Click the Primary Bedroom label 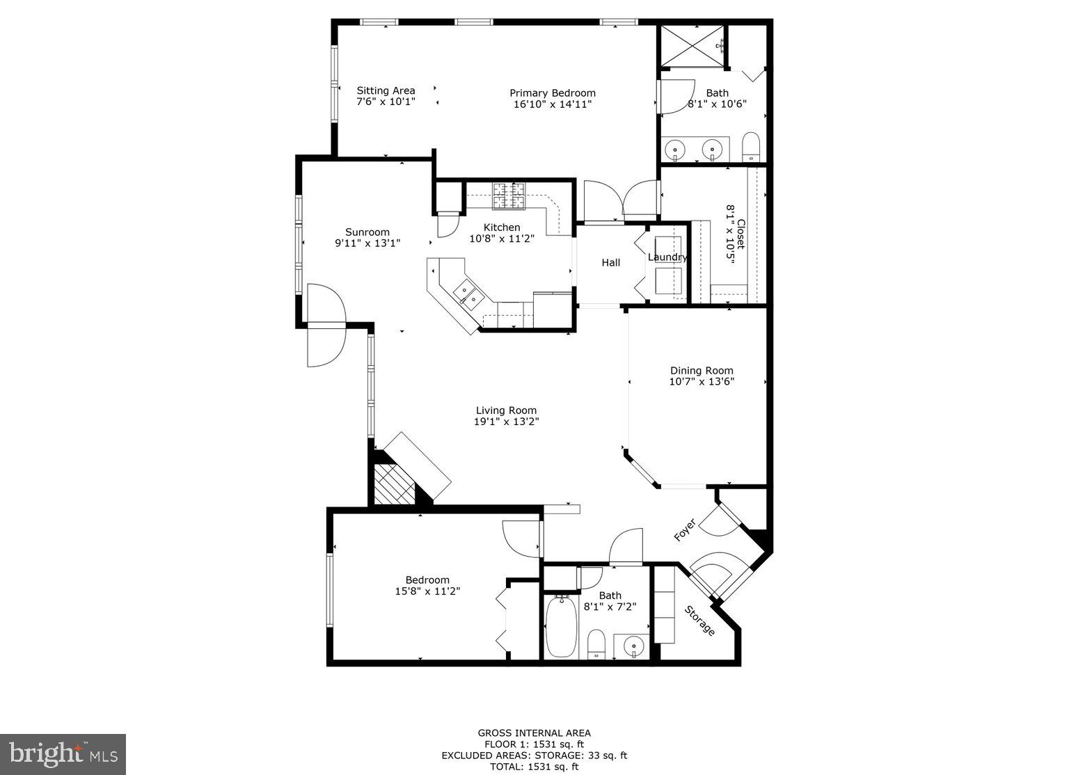(x=552, y=93)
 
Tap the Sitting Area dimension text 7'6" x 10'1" (x=386, y=102)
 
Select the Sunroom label (x=367, y=232)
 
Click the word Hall (x=610, y=262)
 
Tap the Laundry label (x=667, y=257)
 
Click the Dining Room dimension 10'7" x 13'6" (x=702, y=381)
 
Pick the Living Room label (x=506, y=410)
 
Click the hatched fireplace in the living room (x=393, y=484)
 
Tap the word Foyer (x=685, y=530)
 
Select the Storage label (x=699, y=621)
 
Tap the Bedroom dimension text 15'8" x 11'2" (x=427, y=591)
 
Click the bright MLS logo (x=63, y=754)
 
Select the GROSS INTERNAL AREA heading (x=534, y=733)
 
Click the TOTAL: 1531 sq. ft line (x=534, y=767)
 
